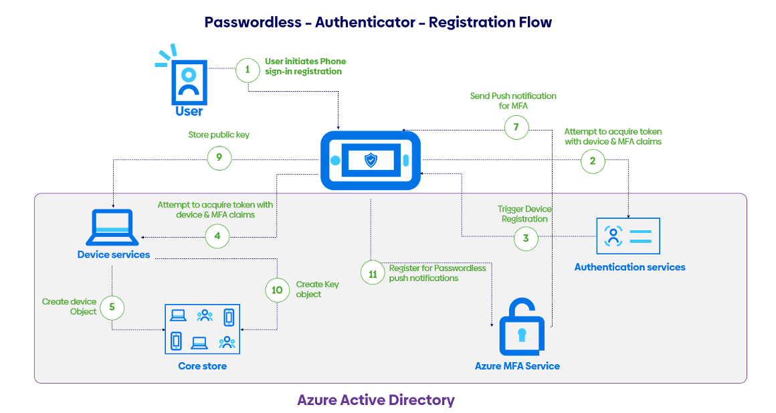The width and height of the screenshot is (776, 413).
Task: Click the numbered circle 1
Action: (x=248, y=70)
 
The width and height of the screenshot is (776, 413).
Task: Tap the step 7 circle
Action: (x=516, y=127)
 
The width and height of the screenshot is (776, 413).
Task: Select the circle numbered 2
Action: (x=593, y=161)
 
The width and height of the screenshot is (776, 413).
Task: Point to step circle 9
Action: (x=219, y=159)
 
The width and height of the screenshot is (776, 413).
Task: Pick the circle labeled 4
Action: (x=217, y=236)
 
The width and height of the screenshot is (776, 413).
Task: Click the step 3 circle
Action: (x=526, y=238)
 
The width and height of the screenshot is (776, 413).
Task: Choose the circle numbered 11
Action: (x=373, y=272)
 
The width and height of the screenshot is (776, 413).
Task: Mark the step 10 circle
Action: (x=277, y=290)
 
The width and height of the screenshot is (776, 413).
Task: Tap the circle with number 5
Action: (x=112, y=307)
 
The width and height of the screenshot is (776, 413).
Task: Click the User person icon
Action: (x=189, y=81)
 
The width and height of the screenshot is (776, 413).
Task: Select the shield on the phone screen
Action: (x=371, y=160)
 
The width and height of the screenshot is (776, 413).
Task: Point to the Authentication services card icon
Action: (x=627, y=236)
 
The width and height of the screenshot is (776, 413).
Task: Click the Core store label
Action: (x=202, y=366)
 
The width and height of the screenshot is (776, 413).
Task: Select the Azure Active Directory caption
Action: (x=375, y=400)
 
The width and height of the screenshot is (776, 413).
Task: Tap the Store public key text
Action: (x=219, y=135)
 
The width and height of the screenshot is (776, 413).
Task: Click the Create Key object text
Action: (x=317, y=289)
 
